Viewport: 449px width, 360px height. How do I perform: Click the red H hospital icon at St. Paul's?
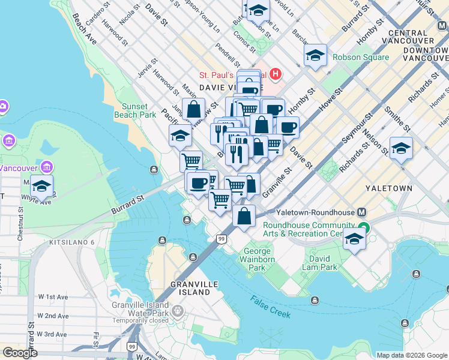(x=276, y=75)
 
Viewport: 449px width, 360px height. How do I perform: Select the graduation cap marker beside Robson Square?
(x=315, y=56)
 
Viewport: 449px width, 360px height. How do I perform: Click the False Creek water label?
(x=271, y=307)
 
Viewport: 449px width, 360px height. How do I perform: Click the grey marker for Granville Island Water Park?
(x=178, y=311)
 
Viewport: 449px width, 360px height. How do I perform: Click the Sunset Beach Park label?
(x=135, y=110)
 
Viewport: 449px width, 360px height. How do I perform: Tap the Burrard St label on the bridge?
(x=128, y=205)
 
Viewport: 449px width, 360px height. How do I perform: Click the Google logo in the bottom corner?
(x=20, y=353)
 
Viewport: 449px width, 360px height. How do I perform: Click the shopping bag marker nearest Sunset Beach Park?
(x=193, y=110)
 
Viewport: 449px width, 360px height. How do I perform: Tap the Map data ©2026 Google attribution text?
(x=412, y=355)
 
